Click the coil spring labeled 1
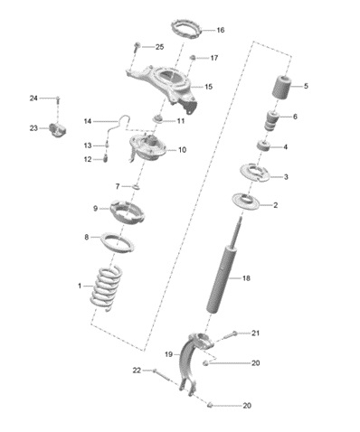coord(106,287)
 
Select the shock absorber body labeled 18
coord(223,279)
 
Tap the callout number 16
coord(221,30)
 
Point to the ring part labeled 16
coord(187,29)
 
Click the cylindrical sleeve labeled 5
coord(281,87)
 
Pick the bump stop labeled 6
coord(271,120)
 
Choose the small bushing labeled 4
coord(263,146)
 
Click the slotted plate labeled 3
coord(255,173)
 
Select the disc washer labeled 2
coord(246,202)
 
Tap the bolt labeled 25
coord(137,48)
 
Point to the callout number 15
coord(209,87)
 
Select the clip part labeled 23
coord(57,129)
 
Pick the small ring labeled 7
coord(137,187)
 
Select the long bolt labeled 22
coord(161,374)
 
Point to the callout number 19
coord(168,354)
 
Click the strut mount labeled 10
coord(147,148)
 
